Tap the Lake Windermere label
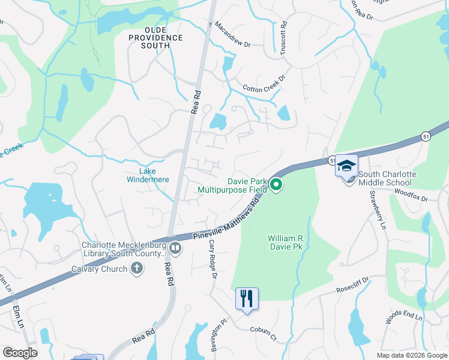(x=147, y=175)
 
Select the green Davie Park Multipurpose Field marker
(x=276, y=185)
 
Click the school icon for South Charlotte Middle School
(x=346, y=166)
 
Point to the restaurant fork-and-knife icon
(x=247, y=298)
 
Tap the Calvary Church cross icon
(x=137, y=268)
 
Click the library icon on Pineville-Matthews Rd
(x=175, y=247)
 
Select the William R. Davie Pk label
(x=286, y=242)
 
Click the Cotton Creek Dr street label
(x=266, y=88)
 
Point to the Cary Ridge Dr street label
(x=211, y=259)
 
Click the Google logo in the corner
(x=20, y=353)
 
